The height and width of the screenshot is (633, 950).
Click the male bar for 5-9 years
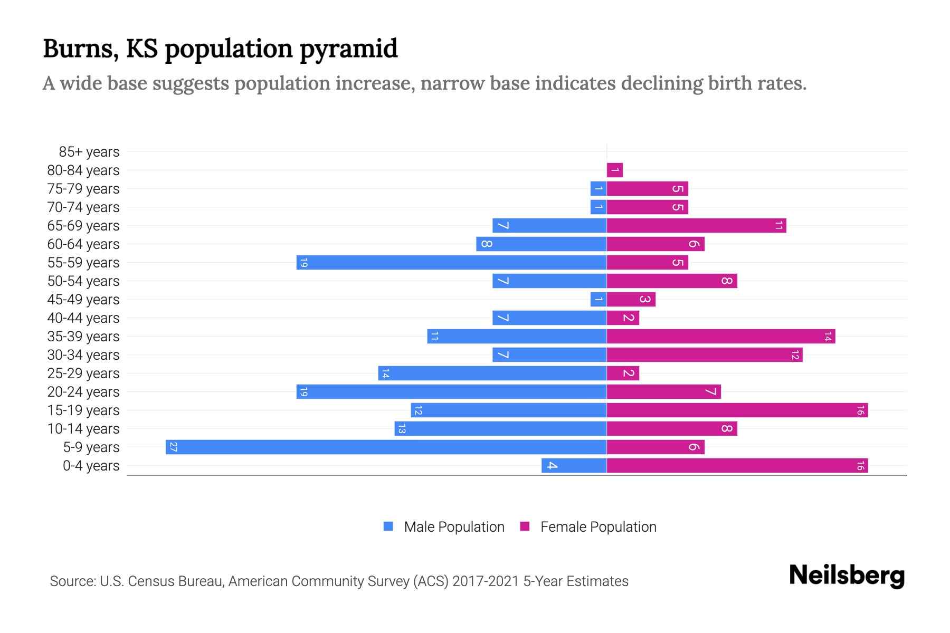click(x=386, y=447)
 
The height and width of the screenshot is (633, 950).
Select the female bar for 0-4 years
click(x=737, y=465)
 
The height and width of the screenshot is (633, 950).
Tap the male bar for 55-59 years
click(x=451, y=262)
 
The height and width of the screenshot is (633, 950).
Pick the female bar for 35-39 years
click(x=720, y=336)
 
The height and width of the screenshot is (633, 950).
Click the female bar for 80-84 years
click(x=615, y=170)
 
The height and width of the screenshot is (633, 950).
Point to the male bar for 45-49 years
click(x=598, y=299)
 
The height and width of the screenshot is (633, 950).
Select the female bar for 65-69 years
click(x=696, y=225)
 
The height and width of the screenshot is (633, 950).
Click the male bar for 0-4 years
click(x=574, y=465)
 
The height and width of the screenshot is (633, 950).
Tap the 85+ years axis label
click(x=89, y=152)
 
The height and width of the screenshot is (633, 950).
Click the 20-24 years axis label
click(x=83, y=392)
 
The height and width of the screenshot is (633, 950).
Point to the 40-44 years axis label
click(x=83, y=318)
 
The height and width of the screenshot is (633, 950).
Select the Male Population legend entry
click(x=443, y=526)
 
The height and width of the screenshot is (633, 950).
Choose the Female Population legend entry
click(x=588, y=526)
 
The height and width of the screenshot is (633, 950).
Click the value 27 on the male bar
click(x=173, y=447)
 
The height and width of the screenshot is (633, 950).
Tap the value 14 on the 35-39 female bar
click(x=828, y=336)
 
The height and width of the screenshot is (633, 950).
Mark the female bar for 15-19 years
click(x=737, y=410)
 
